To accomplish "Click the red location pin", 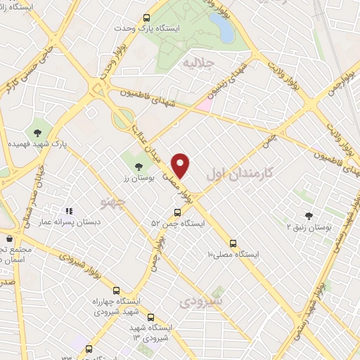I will [x=182, y=165].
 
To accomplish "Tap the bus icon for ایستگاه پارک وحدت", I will [x=146, y=18].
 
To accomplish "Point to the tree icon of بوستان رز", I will [x=136, y=167].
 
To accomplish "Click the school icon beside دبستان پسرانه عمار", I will [x=69, y=210].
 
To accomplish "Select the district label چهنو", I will [x=113, y=204].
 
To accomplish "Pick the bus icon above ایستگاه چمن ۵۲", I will [x=177, y=213].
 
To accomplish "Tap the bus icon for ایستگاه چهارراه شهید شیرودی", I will [x=116, y=290].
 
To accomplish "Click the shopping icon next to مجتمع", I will [x=10, y=239].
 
